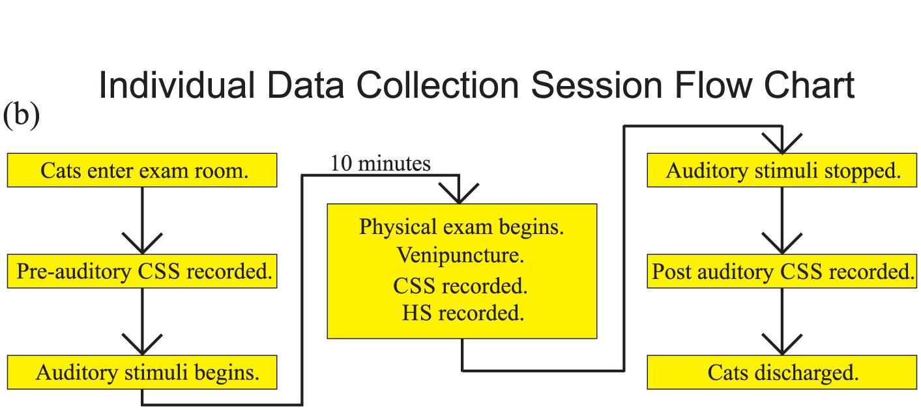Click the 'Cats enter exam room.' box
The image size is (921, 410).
pos(142,170)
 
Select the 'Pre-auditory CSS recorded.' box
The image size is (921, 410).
pos(142,271)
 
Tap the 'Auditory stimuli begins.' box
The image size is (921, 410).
pos(142,372)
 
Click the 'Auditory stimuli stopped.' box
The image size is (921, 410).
pos(782,170)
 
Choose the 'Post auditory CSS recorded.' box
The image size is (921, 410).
pos(782,271)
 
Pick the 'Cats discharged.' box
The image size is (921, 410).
pos(782,372)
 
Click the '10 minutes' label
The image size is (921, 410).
pos(380,163)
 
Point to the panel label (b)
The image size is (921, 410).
pos(22,115)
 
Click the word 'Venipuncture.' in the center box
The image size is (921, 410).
pos(460,256)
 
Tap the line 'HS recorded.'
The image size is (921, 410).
pos(463,313)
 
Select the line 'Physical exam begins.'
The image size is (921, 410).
pos(461,227)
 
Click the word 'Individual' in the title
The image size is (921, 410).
pos(177,85)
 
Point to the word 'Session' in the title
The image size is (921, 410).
pos(596,85)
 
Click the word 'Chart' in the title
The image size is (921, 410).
pos(809,85)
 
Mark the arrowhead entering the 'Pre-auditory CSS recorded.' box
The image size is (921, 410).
pos(142,243)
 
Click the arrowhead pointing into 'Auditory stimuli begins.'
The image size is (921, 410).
pos(142,345)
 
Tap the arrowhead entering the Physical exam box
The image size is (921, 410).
pos(459,194)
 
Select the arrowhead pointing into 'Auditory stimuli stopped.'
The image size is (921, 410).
pos(782,143)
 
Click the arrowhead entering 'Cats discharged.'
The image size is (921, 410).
pos(782,345)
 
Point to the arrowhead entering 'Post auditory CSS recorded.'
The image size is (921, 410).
pos(782,243)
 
